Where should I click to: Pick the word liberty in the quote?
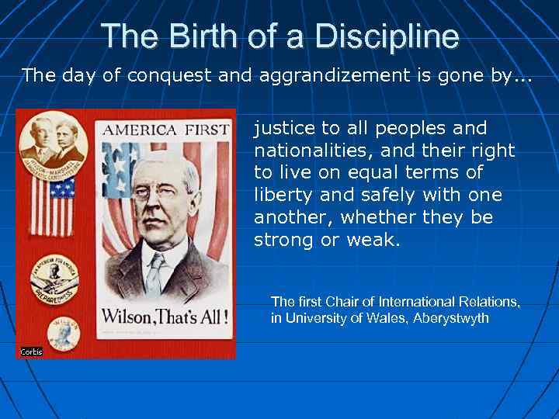(281, 195)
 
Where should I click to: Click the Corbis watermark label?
(31, 351)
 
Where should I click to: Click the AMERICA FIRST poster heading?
(166, 129)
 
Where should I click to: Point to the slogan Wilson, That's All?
(166, 317)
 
